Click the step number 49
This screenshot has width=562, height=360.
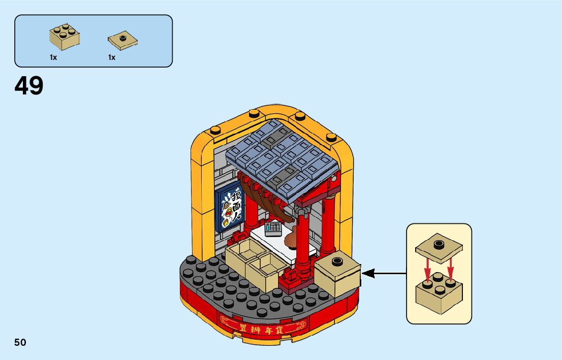29,86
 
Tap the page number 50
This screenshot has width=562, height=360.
20,342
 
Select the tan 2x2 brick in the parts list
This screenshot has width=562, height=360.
64,38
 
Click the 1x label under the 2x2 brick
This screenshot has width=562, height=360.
53,57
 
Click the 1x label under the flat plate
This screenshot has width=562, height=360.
112,57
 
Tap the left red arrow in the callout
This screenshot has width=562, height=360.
428,269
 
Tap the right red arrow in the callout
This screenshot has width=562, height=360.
450,269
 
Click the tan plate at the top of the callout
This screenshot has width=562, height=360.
438,247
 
